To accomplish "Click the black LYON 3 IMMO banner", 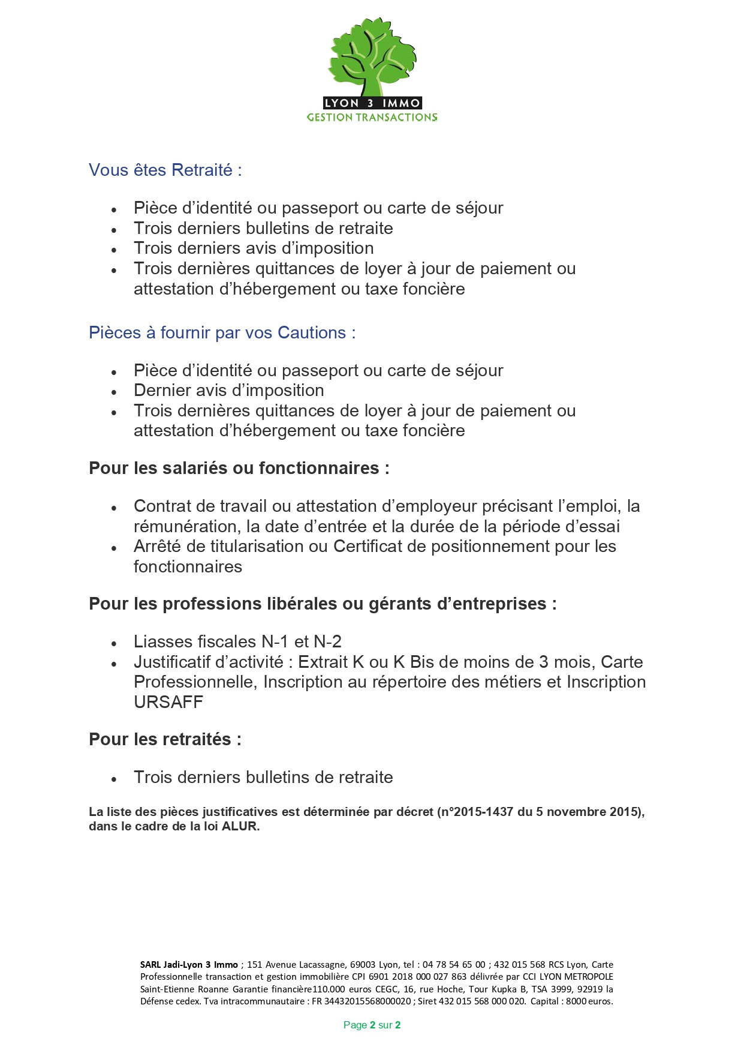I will (372, 103).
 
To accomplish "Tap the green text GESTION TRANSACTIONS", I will (372, 118).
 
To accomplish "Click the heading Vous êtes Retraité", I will (165, 170).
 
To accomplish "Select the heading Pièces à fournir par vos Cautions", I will (222, 333).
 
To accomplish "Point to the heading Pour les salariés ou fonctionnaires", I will (239, 469).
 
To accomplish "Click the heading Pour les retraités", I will (165, 740).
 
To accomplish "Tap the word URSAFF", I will (168, 703).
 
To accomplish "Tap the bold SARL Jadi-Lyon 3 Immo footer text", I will (189, 965).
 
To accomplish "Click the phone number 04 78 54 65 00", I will (454, 965).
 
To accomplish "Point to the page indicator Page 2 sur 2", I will (372, 1025).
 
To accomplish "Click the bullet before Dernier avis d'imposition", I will (114, 392).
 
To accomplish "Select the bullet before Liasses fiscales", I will (114, 643).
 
